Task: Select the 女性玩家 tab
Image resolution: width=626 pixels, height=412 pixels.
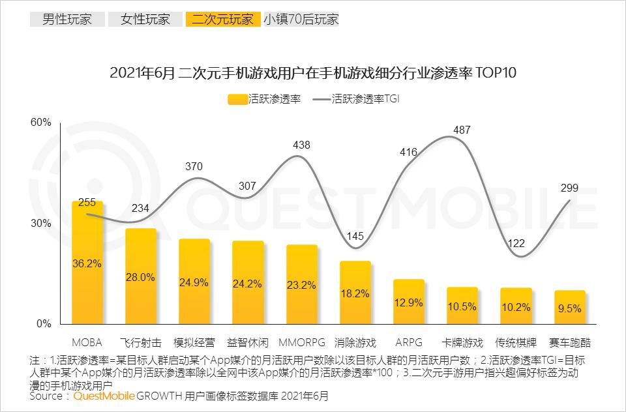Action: (x=145, y=19)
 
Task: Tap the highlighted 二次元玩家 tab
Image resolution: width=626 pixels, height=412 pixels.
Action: (x=222, y=19)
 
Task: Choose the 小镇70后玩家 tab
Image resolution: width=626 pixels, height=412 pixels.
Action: (x=301, y=19)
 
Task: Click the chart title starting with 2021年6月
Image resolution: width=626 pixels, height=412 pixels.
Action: (x=313, y=72)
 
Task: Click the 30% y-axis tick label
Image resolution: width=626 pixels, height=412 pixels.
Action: (x=42, y=223)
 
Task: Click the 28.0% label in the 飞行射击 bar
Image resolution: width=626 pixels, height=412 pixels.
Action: (x=141, y=277)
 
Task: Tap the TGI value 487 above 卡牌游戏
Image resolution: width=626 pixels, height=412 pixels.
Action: (x=462, y=130)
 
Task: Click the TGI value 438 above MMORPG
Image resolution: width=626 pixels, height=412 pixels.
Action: (x=301, y=145)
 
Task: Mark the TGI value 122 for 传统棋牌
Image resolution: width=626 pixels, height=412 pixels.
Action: (x=516, y=243)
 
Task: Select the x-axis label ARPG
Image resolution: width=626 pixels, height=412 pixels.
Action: (x=409, y=342)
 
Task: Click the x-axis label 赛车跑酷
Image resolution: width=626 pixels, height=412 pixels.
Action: (x=569, y=342)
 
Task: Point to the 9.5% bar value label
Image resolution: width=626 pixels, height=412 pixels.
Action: (x=569, y=308)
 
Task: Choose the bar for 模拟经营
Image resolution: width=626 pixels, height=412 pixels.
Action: (x=194, y=281)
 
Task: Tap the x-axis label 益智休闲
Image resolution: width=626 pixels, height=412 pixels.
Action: (x=248, y=342)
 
